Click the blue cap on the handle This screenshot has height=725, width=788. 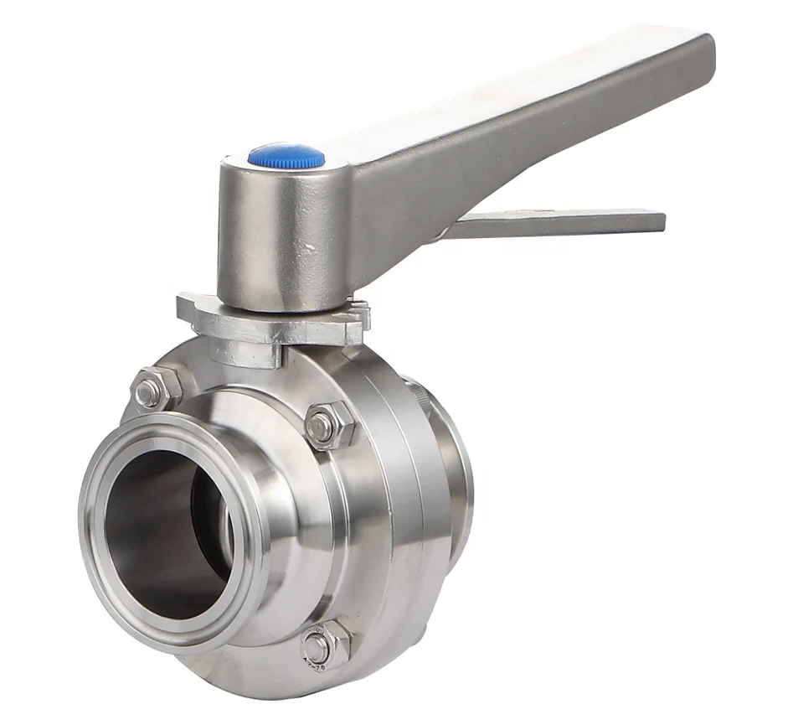[x=286, y=156]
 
